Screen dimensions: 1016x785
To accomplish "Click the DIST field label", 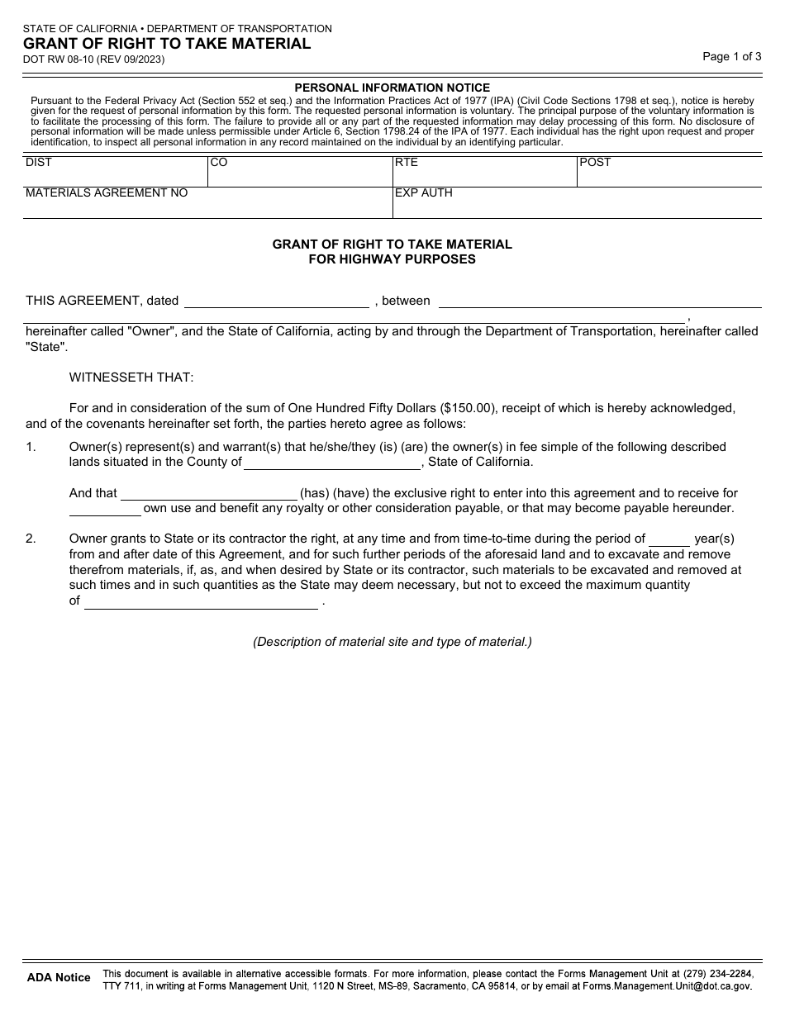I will click(x=39, y=163).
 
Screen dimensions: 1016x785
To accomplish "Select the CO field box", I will click(x=299, y=172).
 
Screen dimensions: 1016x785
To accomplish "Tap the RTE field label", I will click(x=407, y=163).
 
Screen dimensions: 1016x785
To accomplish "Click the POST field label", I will click(x=595, y=163).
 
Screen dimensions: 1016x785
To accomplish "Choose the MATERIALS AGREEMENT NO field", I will click(x=207, y=203).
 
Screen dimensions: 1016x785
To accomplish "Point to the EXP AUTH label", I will click(x=424, y=193).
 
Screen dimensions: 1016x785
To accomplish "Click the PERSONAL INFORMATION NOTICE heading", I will click(x=392, y=88).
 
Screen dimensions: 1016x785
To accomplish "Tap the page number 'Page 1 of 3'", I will click(x=731, y=57).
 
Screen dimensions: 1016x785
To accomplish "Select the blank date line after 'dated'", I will click(x=277, y=301).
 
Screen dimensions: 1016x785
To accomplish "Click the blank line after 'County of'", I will click(x=332, y=463).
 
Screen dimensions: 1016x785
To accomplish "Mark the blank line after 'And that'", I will click(x=209, y=494).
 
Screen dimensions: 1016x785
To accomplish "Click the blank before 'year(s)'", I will click(x=669, y=539).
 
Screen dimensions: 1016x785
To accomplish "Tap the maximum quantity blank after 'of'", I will click(x=201, y=602).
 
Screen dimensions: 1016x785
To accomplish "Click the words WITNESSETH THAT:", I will click(x=131, y=377).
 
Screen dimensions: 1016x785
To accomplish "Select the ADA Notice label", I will click(x=59, y=978).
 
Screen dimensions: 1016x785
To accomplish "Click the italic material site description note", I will click(x=392, y=642).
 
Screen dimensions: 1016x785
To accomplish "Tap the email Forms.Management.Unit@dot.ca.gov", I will click(x=668, y=985).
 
